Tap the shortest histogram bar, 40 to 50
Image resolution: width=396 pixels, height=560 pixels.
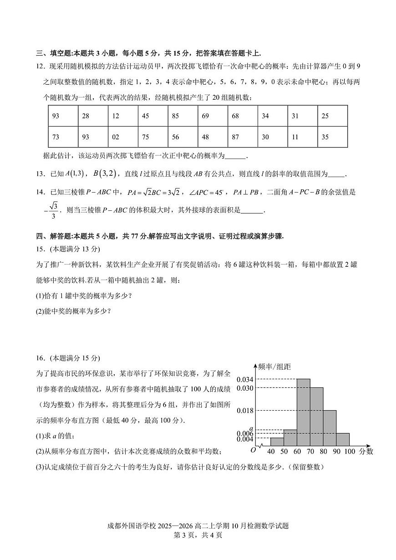tap(277, 442)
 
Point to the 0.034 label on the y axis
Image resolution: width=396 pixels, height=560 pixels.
tap(245, 379)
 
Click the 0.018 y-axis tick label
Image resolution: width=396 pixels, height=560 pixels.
tap(245, 411)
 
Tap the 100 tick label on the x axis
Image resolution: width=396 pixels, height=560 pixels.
tap(350, 452)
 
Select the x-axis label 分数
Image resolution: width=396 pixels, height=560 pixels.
tap(366, 452)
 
